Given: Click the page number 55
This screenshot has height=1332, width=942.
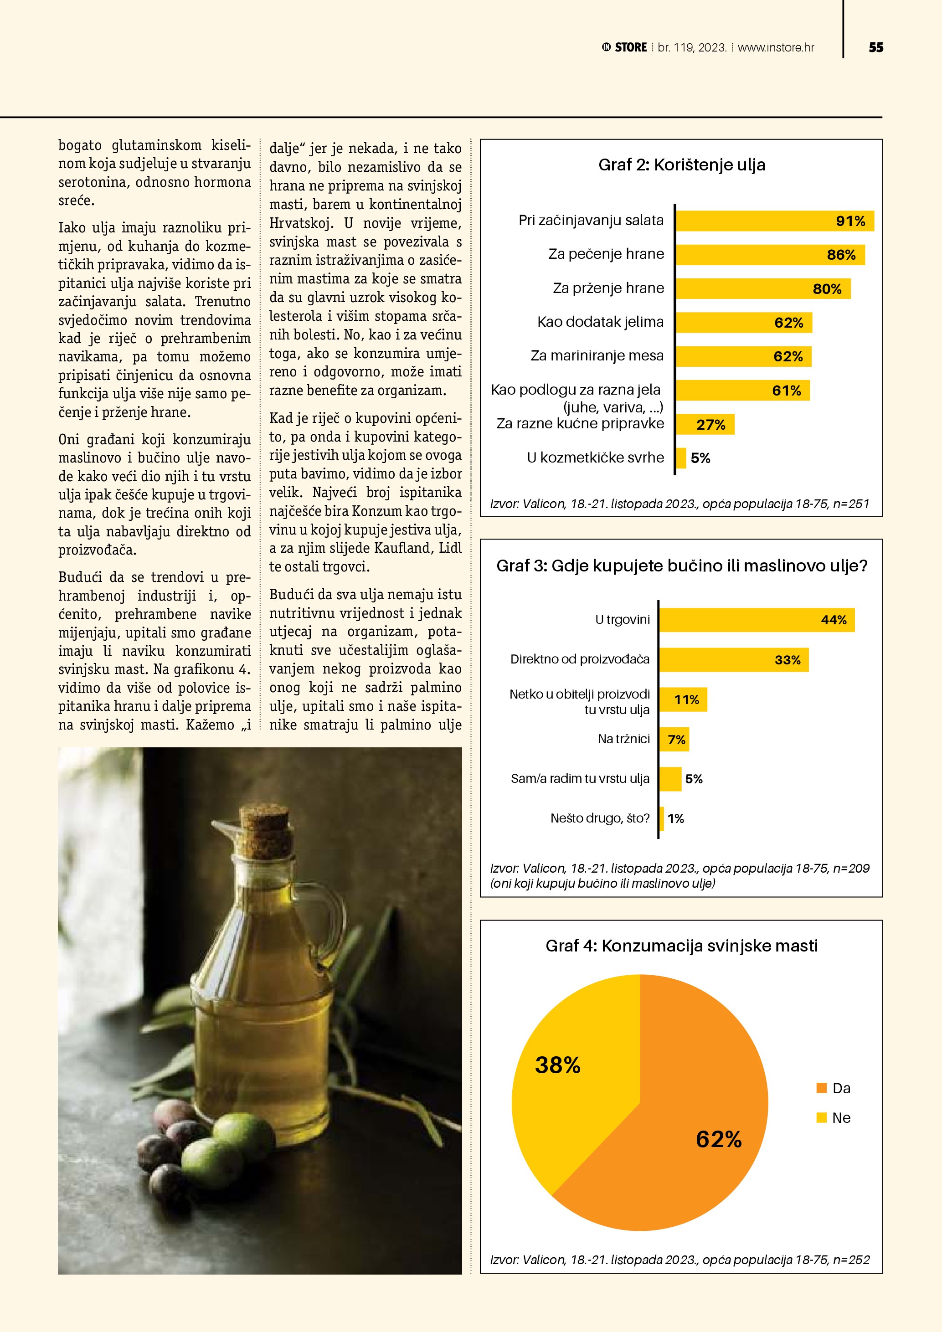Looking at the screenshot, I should tap(876, 47).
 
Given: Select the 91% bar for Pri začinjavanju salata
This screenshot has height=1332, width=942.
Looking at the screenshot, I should tap(774, 221).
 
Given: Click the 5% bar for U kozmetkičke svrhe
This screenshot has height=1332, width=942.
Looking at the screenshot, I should tap(681, 458).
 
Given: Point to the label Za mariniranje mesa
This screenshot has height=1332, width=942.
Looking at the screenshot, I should tap(597, 355).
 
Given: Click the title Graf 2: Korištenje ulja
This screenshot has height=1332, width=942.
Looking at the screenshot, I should tap(682, 165).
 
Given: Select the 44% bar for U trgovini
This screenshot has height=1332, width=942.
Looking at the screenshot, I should tap(757, 620).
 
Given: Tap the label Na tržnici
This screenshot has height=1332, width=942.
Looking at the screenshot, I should tap(623, 739).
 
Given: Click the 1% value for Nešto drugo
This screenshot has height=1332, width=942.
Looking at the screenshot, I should tap(676, 818).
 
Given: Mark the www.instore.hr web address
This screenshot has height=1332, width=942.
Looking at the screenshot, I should tap(776, 47).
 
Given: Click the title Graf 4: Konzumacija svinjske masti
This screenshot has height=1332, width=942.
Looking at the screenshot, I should tap(682, 946).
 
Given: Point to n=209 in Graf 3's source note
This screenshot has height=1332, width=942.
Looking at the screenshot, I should tap(851, 869).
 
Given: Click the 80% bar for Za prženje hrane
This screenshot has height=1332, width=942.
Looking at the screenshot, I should tap(763, 289).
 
